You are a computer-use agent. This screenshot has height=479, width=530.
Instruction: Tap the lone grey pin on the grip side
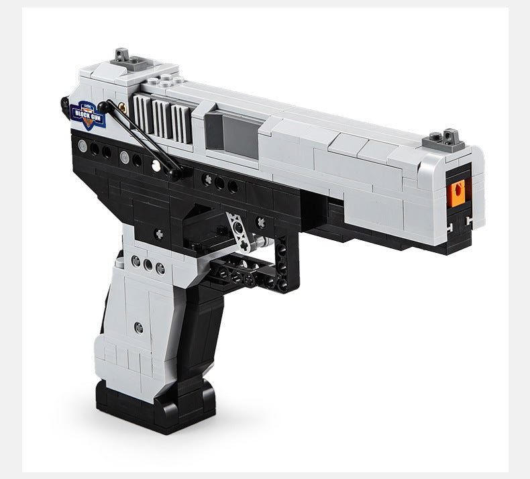pyautogui.click(x=138, y=327)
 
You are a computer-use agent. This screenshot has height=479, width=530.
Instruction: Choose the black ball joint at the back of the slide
pyautogui.click(x=65, y=103)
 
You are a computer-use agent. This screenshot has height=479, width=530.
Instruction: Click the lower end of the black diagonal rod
pyautogui.click(x=176, y=174)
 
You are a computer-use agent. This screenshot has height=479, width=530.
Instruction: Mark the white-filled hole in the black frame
pyautogui.click(x=156, y=164)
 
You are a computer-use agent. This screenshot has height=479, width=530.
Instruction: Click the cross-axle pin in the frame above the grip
pyautogui.click(x=159, y=233)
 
